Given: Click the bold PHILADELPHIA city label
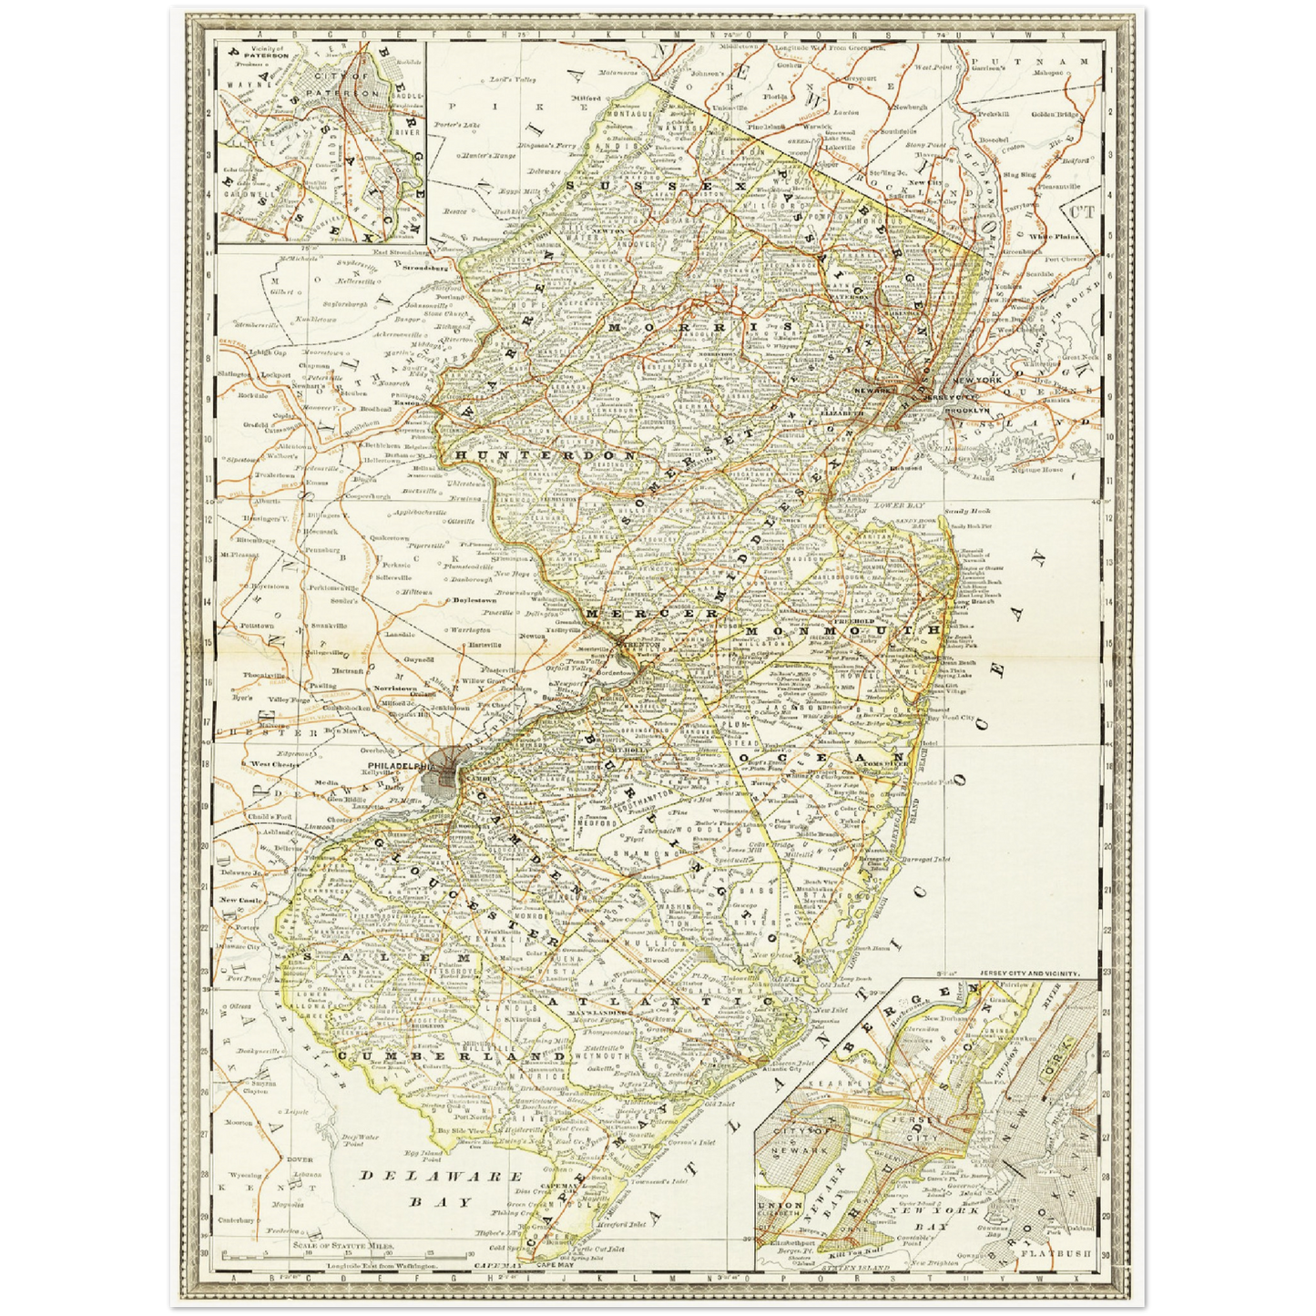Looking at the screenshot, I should point(399,766).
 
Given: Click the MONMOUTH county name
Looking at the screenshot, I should point(842,630).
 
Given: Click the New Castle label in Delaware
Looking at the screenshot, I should point(240,900).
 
